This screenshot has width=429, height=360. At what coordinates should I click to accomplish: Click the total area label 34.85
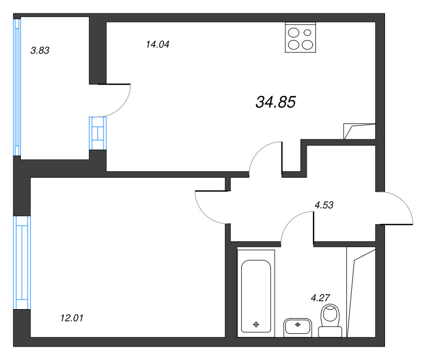(276, 102)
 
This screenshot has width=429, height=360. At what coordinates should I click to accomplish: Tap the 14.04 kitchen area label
(158, 44)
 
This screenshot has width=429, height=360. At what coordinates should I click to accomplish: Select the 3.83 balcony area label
(40, 50)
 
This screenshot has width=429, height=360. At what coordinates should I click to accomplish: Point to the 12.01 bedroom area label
(72, 318)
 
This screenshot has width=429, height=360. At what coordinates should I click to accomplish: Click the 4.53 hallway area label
(324, 205)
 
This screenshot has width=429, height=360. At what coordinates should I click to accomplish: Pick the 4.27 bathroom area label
(320, 298)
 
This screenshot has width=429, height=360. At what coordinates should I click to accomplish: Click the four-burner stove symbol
(300, 37)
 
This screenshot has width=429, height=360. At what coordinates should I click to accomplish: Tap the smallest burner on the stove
(307, 33)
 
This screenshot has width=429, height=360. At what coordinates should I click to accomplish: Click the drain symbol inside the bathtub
(256, 325)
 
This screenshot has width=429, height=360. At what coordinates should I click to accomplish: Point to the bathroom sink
(298, 327)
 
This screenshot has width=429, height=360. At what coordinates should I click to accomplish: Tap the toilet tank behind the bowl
(330, 332)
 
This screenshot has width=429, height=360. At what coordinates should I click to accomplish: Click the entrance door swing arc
(404, 202)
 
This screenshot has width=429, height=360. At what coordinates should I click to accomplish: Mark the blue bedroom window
(22, 262)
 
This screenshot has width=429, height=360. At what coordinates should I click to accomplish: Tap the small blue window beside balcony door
(98, 133)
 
